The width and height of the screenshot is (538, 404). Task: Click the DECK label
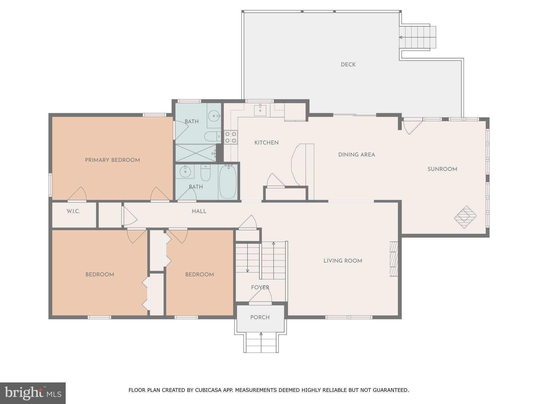pos(348,65)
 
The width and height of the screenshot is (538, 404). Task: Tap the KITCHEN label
pos(266,143)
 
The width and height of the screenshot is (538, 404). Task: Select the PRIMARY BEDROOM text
pos(112,160)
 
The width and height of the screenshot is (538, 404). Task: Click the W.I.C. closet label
pos(73,211)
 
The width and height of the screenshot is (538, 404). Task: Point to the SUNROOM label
pos(442,169)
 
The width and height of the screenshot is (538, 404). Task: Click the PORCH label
pos(260,317)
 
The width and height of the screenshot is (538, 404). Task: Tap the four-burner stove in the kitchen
pos(231,137)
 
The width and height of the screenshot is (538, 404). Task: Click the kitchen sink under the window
pos(260,110)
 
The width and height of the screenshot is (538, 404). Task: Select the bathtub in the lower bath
pos(228,182)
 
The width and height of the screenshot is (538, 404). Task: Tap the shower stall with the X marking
pos(195,153)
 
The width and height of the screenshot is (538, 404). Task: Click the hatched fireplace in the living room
pos(394,259)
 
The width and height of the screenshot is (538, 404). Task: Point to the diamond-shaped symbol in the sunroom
pos(465,217)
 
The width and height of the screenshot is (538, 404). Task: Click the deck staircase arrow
pos(401,37)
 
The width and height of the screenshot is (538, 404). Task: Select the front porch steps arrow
pos(261,334)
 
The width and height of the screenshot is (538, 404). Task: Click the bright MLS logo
pos(33,393)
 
